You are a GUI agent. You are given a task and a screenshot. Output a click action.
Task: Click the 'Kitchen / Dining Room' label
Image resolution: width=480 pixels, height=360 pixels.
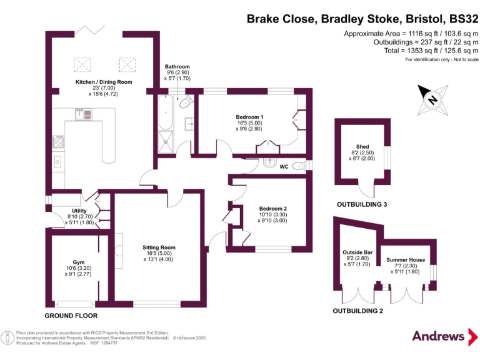[x=104, y=82]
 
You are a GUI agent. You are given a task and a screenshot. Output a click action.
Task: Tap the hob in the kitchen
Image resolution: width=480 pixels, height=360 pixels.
[x=59, y=142]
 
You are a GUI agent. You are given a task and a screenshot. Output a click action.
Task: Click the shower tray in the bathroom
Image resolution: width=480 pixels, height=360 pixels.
[x=167, y=139]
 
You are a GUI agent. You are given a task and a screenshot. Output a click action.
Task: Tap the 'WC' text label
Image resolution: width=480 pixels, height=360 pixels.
[x=284, y=167]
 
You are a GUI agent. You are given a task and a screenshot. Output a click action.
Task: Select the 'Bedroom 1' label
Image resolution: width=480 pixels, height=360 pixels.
[x=249, y=117]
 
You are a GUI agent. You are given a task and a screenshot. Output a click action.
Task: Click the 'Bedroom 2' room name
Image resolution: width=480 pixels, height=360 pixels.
[x=272, y=209]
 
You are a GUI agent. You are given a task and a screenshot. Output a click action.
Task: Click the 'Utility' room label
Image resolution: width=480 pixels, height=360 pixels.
[x=79, y=211]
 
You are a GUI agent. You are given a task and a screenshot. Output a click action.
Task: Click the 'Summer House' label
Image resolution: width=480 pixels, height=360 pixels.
[x=406, y=259]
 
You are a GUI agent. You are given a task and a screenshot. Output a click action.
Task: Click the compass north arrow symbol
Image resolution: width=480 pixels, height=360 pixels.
[x=431, y=97]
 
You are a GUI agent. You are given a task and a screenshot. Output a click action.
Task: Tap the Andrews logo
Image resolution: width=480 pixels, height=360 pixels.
[x=439, y=336]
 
